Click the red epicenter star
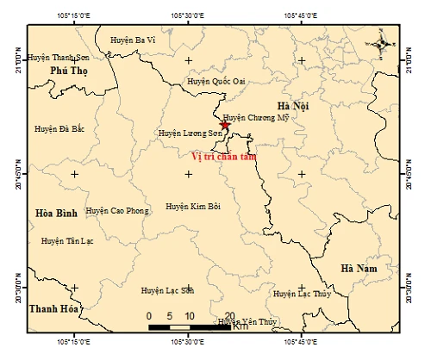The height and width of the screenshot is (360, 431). [225, 126]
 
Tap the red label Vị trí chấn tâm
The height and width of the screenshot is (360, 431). [223, 156]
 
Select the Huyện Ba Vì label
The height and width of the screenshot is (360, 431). [132, 40]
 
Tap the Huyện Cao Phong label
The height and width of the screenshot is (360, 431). [116, 210]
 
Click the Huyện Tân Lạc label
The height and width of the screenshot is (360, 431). [66, 242]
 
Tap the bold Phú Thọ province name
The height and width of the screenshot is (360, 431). [69, 71]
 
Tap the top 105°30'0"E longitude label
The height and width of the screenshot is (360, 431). [189, 16]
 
